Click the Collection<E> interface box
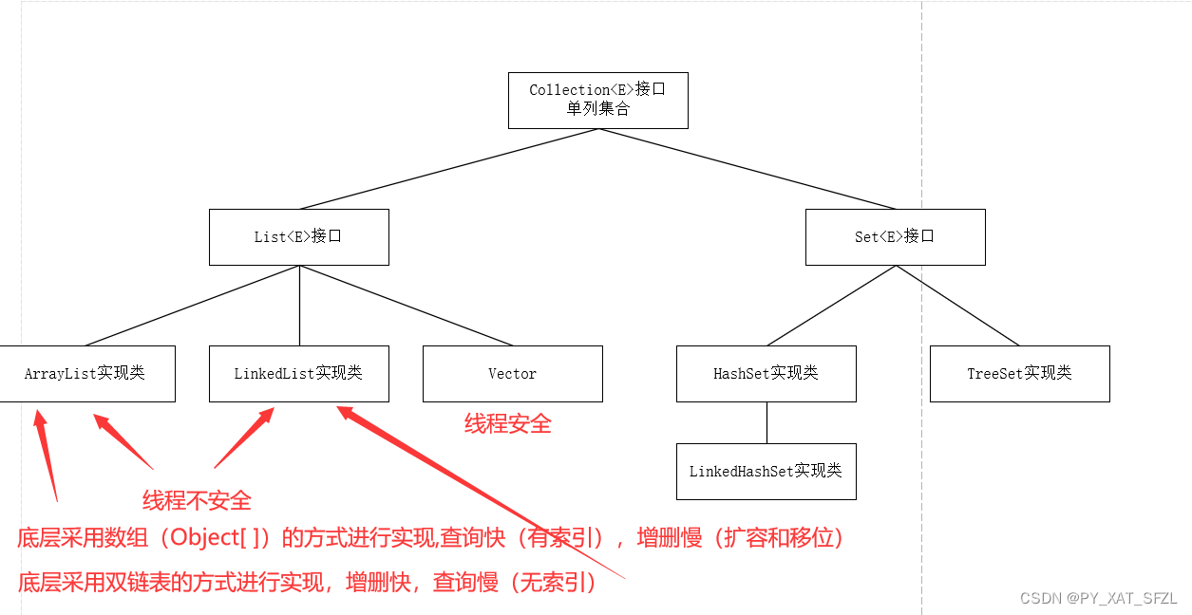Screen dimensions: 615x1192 [x=597, y=100]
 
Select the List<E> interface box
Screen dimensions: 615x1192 [x=298, y=236]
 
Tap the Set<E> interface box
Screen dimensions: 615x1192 [x=895, y=236]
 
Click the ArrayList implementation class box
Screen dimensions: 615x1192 [x=85, y=373]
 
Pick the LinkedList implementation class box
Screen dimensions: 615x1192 [x=298, y=373]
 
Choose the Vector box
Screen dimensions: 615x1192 [x=512, y=373]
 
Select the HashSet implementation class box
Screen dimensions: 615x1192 [x=766, y=373]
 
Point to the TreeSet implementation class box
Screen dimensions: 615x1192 [x=1019, y=373]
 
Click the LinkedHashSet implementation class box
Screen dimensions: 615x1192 [x=766, y=471]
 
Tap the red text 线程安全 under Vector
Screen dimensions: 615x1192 [x=507, y=424]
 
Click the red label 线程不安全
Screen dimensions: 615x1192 [x=197, y=500]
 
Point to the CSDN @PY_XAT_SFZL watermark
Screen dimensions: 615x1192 [x=1098, y=598]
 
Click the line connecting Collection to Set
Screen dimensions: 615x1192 [x=747, y=169]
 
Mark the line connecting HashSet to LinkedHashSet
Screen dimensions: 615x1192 [x=766, y=422]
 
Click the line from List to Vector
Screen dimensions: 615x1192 [x=407, y=306]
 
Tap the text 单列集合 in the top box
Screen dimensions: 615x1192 [x=597, y=109]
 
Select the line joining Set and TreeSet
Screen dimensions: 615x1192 [x=957, y=306]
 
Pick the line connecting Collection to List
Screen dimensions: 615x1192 [x=448, y=169]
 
